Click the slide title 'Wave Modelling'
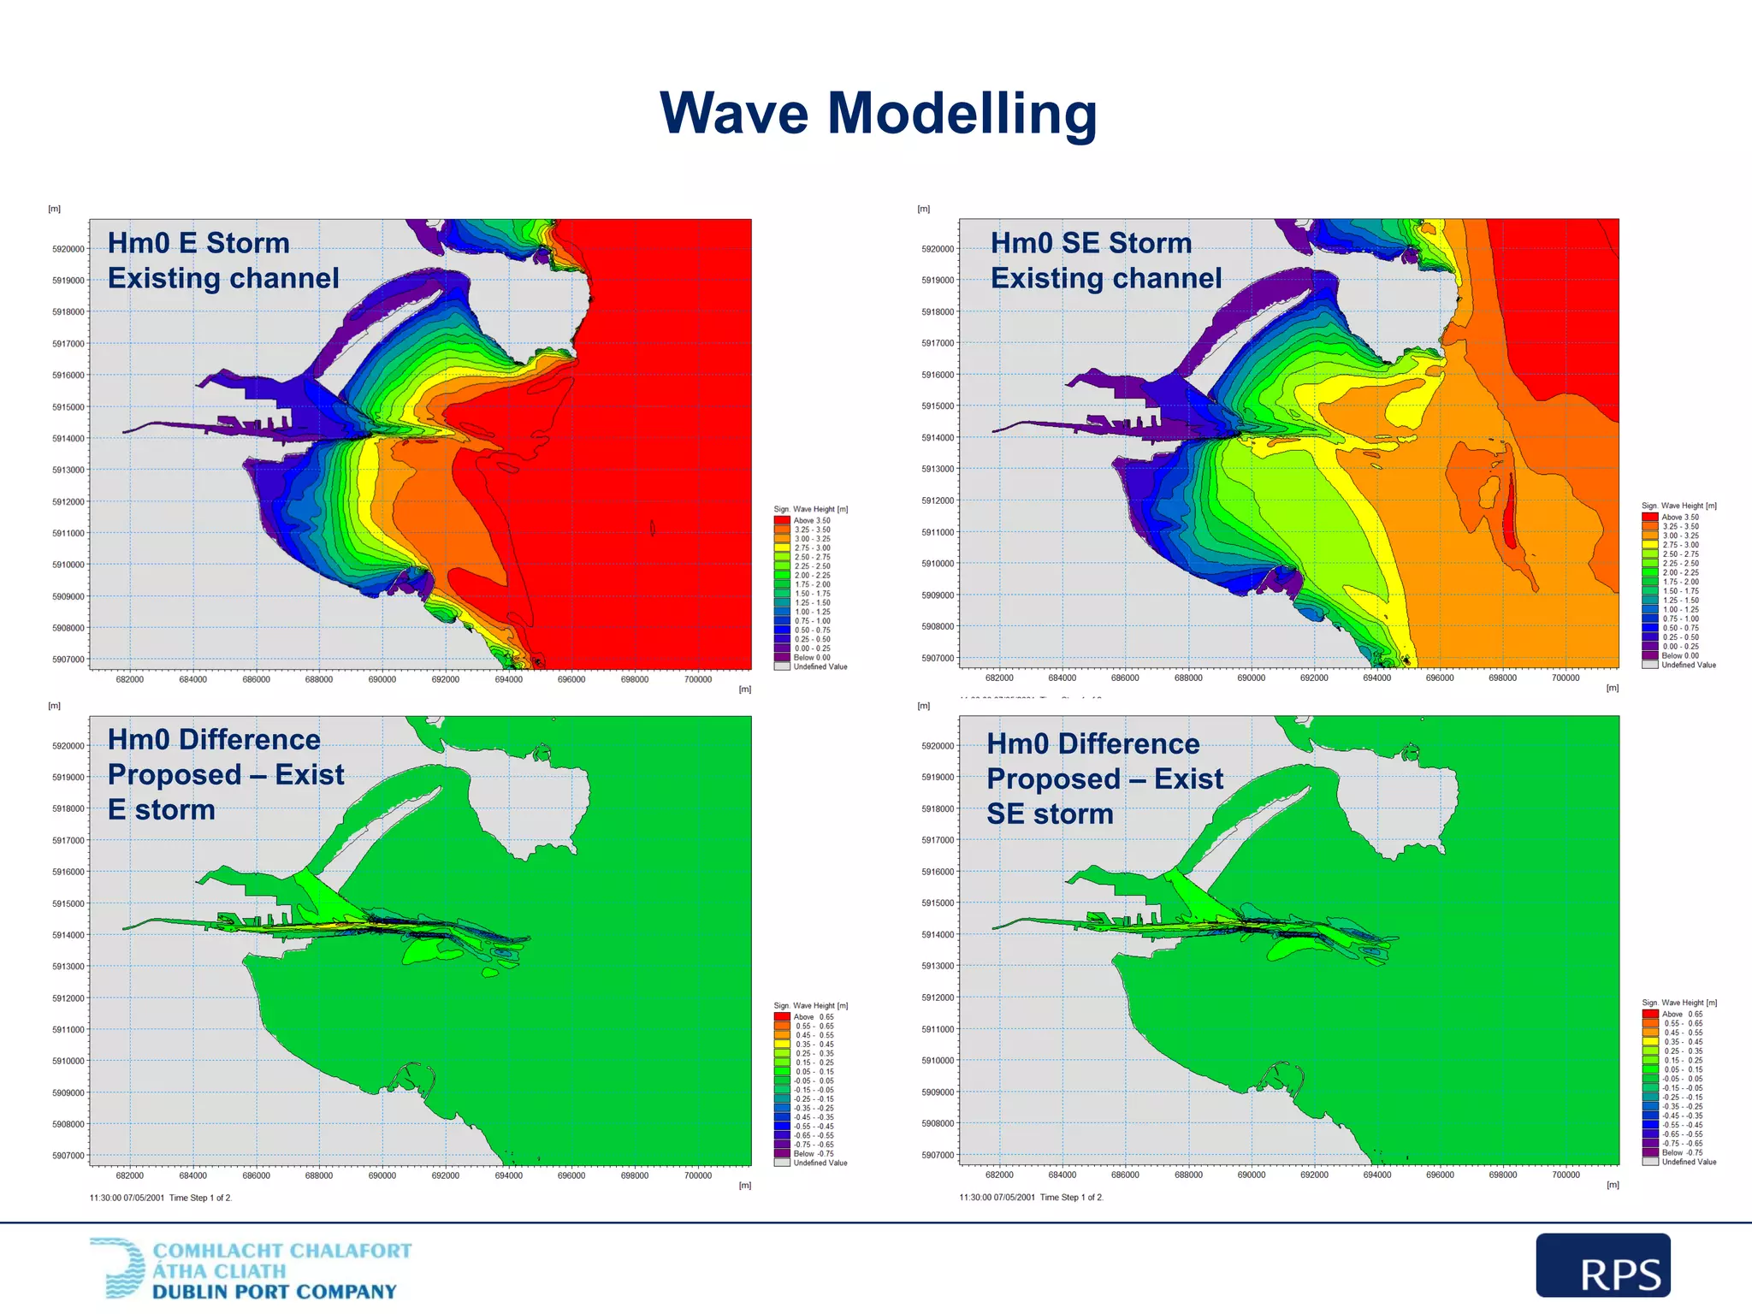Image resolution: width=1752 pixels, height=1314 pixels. [878, 113]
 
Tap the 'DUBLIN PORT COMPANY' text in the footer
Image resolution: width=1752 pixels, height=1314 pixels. [274, 1292]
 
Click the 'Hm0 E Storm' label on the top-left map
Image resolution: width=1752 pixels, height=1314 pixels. [198, 243]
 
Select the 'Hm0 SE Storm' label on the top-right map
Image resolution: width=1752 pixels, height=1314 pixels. [1091, 243]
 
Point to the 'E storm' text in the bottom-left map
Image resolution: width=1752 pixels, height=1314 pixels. [162, 809]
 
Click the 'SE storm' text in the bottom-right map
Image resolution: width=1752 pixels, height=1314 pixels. [1050, 814]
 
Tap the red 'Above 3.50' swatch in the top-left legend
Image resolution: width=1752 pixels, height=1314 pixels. [782, 520]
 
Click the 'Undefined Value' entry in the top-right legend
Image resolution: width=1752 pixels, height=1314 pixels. [1688, 665]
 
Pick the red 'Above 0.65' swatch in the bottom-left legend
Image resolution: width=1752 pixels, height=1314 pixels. [782, 1017]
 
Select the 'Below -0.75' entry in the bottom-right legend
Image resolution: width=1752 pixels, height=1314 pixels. [1681, 1152]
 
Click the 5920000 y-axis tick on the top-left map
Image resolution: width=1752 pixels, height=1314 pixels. [68, 249]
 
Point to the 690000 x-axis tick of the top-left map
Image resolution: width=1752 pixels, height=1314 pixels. [382, 679]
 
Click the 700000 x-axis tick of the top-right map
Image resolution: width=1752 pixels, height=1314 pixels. [1565, 678]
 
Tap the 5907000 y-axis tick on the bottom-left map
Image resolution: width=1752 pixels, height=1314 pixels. [68, 1156]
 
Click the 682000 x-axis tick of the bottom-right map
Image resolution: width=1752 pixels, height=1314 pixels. [999, 1175]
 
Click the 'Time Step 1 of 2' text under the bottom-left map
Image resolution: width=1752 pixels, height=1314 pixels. [200, 1198]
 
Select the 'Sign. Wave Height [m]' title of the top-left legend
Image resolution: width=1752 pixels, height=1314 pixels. [810, 509]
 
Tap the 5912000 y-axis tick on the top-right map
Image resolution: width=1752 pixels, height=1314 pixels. [938, 500]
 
